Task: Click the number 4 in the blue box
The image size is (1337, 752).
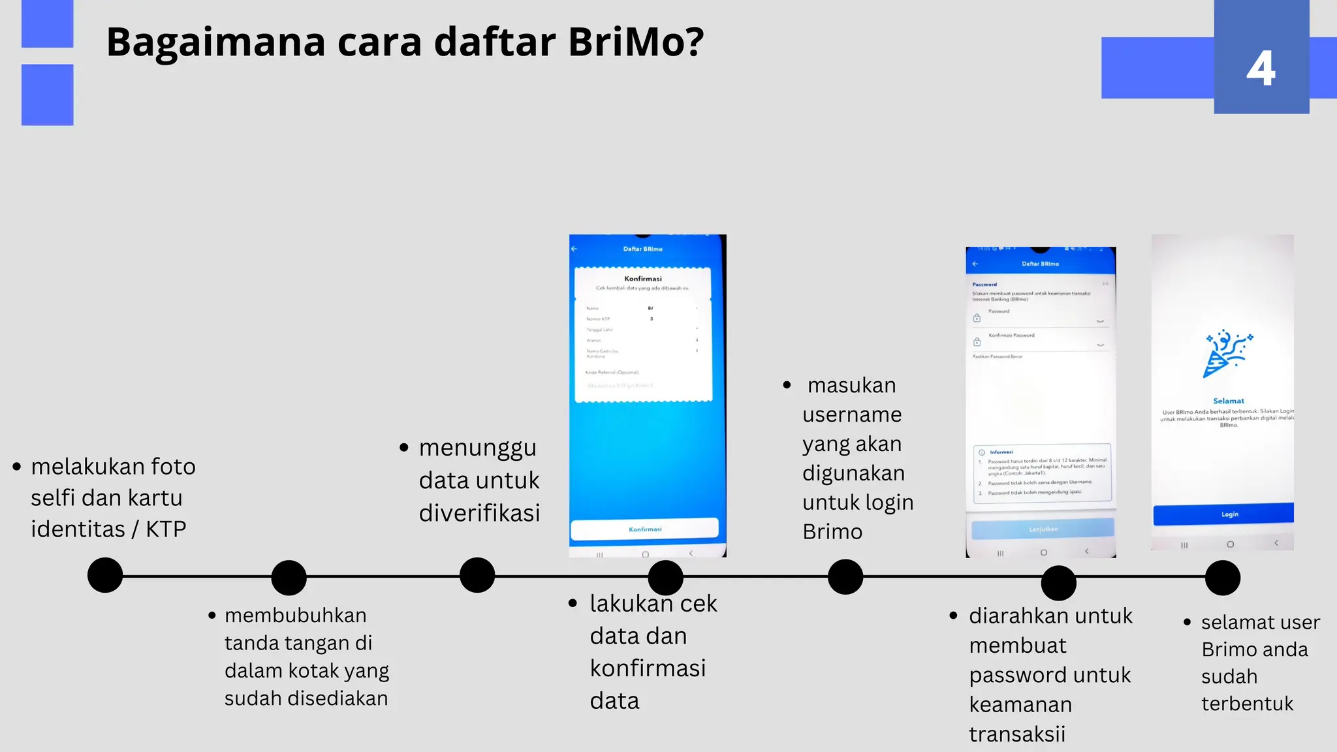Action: click(1261, 69)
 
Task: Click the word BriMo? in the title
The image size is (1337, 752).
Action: click(636, 42)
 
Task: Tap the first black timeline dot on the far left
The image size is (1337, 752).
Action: click(105, 575)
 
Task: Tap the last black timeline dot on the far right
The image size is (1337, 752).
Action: click(1222, 578)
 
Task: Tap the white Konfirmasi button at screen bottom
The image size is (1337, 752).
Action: click(644, 529)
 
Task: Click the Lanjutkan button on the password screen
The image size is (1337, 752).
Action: click(1043, 529)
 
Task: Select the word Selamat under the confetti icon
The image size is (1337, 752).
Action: click(1228, 401)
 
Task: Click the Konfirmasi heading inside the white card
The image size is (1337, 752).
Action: click(642, 279)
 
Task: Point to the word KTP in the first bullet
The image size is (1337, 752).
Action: click(166, 529)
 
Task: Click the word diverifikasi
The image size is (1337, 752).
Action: click(479, 513)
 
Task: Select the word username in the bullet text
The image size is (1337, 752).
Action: click(852, 415)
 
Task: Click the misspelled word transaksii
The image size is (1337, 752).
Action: click(1016, 734)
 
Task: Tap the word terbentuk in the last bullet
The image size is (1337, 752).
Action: click(1247, 704)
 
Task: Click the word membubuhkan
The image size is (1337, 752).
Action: click(295, 616)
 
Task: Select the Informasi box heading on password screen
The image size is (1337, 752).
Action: click(1001, 452)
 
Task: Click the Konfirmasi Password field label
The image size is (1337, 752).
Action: click(1011, 335)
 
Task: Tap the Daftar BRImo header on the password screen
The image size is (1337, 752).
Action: click(1040, 264)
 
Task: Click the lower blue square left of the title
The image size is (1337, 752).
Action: click(47, 95)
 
